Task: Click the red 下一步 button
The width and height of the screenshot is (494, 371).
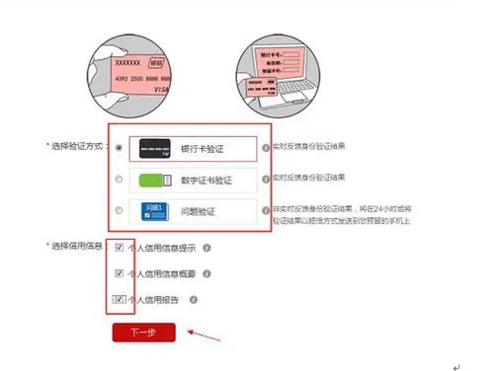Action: (x=143, y=333)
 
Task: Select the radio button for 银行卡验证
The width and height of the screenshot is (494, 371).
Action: (x=120, y=147)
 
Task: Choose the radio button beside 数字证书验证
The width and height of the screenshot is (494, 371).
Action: (x=120, y=179)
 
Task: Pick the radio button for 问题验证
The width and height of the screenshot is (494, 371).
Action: (x=120, y=210)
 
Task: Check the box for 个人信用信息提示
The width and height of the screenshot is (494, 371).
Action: (x=120, y=248)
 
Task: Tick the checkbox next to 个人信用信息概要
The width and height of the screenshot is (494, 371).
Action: (x=120, y=272)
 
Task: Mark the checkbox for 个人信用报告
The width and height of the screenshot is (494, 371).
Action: (x=120, y=298)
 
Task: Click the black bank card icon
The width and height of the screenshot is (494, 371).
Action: (x=156, y=147)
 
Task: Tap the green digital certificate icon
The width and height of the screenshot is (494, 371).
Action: (x=156, y=180)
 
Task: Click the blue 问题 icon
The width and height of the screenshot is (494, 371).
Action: (x=156, y=211)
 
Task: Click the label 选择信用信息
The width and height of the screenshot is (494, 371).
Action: (x=78, y=247)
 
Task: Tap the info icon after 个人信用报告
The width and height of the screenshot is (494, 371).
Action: (x=194, y=298)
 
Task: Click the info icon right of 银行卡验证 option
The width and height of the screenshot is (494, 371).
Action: (x=266, y=147)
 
